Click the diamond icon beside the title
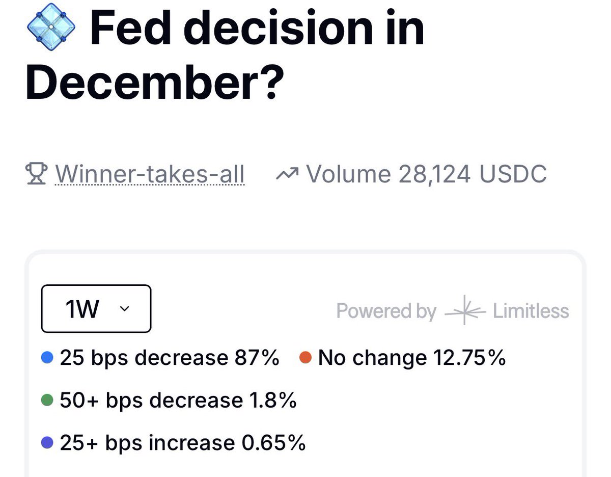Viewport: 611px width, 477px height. point(51,26)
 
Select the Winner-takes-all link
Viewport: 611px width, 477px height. point(150,174)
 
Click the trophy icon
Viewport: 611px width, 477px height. point(37,174)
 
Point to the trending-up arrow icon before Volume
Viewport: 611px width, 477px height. point(288,174)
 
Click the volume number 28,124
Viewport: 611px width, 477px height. point(435,174)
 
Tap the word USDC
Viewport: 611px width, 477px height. point(513,174)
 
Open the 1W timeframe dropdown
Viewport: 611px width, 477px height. point(96,309)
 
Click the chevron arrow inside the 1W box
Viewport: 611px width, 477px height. point(123,309)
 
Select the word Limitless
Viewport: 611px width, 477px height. point(531,311)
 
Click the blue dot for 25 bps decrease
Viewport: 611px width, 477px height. point(47,358)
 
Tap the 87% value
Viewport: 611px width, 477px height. point(257,358)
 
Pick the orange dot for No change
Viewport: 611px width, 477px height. point(305,358)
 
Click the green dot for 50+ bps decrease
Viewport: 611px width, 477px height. point(47,401)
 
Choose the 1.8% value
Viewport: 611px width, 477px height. point(273,401)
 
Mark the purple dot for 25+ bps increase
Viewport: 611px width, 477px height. point(47,443)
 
